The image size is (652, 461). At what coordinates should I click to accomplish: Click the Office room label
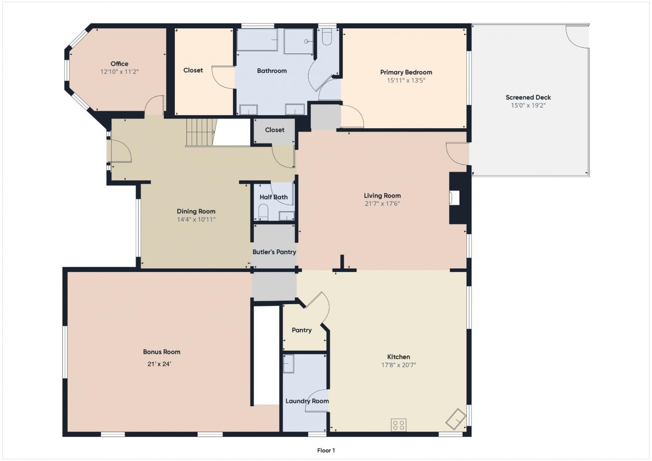pos(120,64)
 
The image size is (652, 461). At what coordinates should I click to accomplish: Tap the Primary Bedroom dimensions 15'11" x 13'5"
pos(406,80)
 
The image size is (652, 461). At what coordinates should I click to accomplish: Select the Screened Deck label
pos(528,97)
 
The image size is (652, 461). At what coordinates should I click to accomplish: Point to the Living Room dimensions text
pos(382,204)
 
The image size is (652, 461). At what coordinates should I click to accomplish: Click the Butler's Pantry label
pos(274,252)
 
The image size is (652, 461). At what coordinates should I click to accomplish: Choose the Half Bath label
pos(273,197)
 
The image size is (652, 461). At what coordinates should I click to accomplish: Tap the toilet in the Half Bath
pos(263,212)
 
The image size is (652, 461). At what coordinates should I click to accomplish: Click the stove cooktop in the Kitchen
pos(399,425)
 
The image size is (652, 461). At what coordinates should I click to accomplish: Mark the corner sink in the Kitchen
pos(456,419)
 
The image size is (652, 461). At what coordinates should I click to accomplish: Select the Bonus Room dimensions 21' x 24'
pos(159,364)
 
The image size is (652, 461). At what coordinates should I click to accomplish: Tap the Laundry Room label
pos(307,401)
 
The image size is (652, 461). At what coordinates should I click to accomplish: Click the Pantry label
pos(302,330)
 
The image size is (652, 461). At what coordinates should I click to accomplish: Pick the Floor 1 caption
pos(326,451)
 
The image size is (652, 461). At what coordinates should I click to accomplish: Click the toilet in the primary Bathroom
pos(327,36)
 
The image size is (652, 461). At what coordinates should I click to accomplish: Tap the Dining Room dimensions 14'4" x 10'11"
pos(196,219)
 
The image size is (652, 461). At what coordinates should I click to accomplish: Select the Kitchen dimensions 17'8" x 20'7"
pos(399,365)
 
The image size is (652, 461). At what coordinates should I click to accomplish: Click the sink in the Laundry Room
pos(289,364)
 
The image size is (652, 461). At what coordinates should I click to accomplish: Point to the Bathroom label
pos(272,71)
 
